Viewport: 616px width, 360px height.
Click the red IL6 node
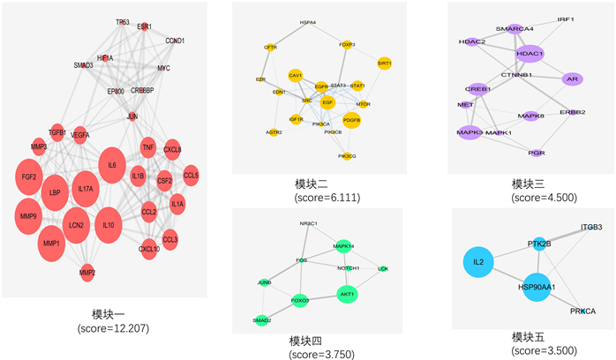(x=112, y=165)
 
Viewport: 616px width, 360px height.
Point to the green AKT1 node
(x=348, y=292)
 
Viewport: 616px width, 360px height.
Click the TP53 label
(x=123, y=21)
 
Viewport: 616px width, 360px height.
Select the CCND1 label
(x=176, y=41)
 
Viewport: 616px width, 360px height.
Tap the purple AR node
(x=572, y=79)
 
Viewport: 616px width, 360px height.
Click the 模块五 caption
(x=530, y=337)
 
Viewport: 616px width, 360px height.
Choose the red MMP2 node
(x=86, y=273)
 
